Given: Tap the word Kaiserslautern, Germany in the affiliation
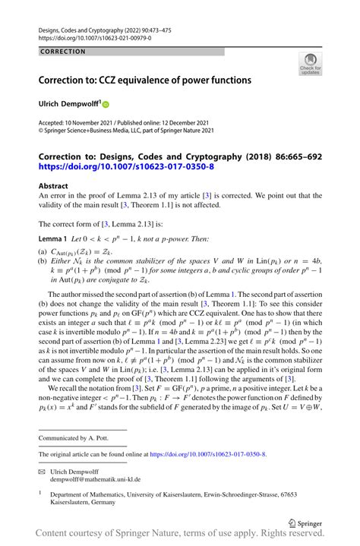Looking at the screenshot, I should tap(79, 502).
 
